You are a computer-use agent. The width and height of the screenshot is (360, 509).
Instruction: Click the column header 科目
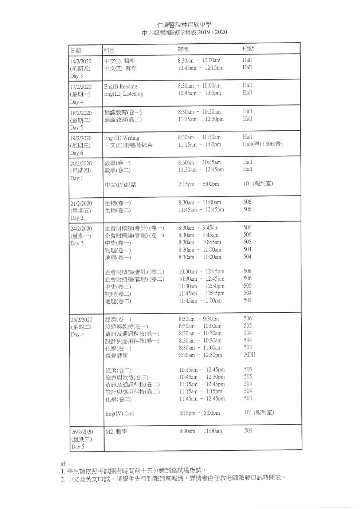pyautogui.click(x=109, y=50)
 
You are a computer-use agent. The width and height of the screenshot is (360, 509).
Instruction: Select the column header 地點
pyautogui.click(x=248, y=49)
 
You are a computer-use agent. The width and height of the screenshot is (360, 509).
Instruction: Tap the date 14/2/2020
pyautogui.click(x=81, y=61)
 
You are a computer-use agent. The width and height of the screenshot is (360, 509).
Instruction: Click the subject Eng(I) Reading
pyautogui.click(x=121, y=87)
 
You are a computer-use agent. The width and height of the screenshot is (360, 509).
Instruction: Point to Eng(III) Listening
pyautogui.click(x=124, y=94)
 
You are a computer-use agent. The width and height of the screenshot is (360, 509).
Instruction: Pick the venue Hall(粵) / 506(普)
pyautogui.click(x=263, y=144)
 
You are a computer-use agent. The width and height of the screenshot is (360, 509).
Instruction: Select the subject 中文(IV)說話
pyautogui.click(x=121, y=185)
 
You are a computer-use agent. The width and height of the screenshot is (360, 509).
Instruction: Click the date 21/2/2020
pyautogui.click(x=81, y=203)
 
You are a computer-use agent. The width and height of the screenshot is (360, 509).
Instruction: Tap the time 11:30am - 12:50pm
pyautogui.click(x=201, y=286)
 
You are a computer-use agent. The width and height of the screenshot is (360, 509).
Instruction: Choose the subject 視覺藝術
pyautogui.click(x=117, y=356)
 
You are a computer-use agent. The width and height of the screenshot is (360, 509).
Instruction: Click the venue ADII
pyautogui.click(x=250, y=355)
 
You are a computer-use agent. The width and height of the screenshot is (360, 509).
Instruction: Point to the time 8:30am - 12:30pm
pyautogui.click(x=200, y=355)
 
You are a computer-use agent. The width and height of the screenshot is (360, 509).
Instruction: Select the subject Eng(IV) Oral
pyautogui.click(x=120, y=414)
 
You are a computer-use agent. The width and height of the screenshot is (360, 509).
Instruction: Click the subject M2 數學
pyautogui.click(x=116, y=432)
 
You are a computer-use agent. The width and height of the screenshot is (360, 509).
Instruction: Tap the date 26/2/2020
pyautogui.click(x=82, y=432)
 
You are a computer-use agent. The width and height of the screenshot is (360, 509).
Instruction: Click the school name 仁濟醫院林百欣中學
pyautogui.click(x=184, y=25)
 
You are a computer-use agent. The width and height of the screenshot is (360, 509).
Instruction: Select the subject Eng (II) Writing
pyautogui.click(x=122, y=138)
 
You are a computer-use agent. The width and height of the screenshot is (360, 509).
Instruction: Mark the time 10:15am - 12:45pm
pyautogui.click(x=202, y=370)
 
